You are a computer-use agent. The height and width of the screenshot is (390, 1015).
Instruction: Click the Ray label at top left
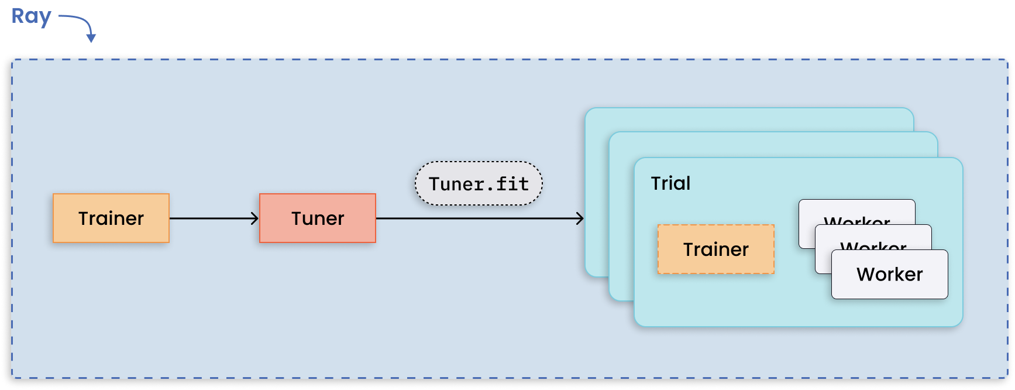point(32,16)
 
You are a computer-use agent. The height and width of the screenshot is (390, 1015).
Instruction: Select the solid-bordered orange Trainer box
point(111,218)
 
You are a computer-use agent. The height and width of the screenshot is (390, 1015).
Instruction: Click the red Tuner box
point(318,218)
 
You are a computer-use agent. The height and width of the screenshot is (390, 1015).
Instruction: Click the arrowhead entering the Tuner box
point(254,218)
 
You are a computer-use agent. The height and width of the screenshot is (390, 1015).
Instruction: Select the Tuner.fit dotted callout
point(479,184)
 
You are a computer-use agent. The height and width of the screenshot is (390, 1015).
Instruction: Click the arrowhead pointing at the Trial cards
point(580,218)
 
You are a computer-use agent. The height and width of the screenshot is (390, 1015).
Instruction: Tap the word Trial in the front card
point(670,183)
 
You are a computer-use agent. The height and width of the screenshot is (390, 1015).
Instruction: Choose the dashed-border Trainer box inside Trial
point(715,249)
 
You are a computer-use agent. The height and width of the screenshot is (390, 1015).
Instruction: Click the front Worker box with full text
point(889,275)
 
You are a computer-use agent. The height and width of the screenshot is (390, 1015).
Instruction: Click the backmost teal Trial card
point(749,119)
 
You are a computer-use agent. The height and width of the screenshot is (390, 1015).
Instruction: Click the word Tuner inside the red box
point(318,218)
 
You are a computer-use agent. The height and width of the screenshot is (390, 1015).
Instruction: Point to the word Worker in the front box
point(889,275)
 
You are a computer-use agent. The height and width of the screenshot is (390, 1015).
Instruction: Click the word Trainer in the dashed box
point(715,249)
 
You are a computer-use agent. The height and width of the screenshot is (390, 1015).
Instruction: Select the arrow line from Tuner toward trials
point(468,218)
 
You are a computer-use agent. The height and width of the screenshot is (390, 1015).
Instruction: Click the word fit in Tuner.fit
point(512,184)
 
